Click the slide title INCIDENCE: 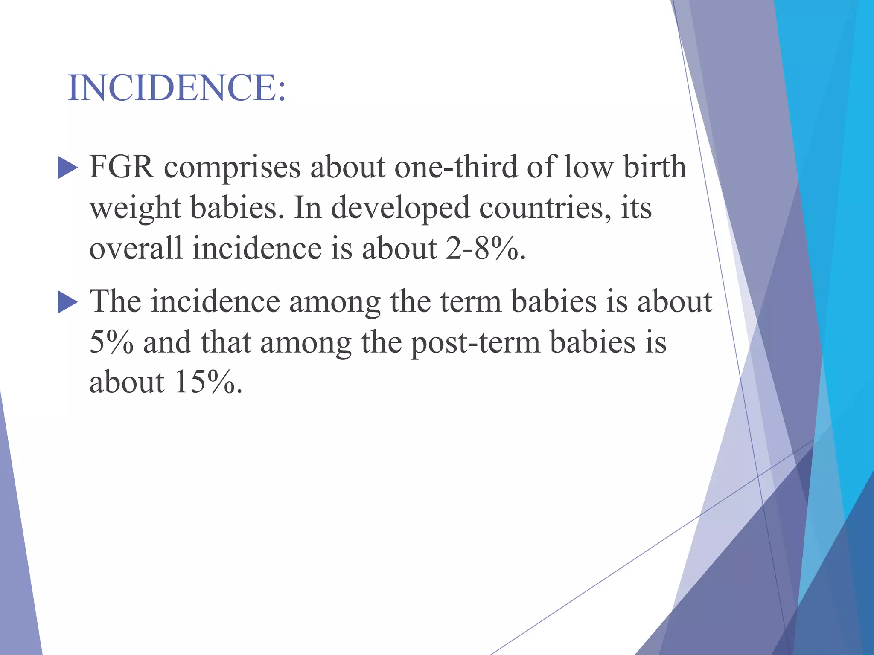176,88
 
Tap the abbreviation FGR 122,167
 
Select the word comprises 232,168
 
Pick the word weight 135,209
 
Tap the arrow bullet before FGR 68,168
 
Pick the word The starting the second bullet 115,301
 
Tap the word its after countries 636,209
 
